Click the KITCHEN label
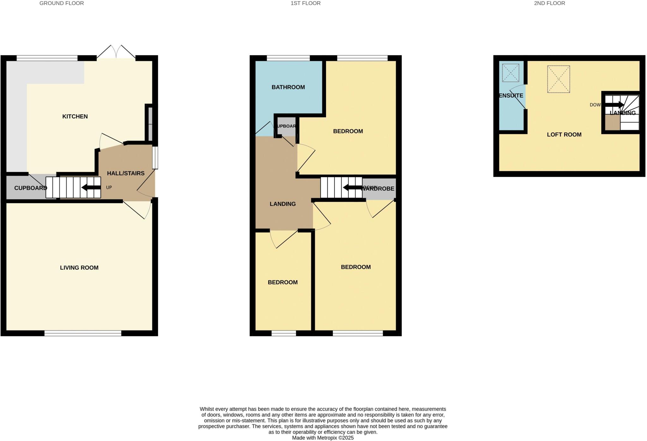click(75, 116)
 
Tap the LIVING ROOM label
click(79, 268)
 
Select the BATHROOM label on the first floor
click(288, 87)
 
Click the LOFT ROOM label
click(564, 135)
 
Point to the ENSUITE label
click(511, 95)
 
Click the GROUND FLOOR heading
click(62, 3)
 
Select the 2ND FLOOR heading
click(549, 3)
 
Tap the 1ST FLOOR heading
click(305, 3)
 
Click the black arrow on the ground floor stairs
click(91, 187)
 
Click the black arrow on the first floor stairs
click(352, 188)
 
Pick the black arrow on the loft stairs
click(614, 105)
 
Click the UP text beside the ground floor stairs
click(109, 187)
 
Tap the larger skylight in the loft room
click(558, 79)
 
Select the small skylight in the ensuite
click(511, 73)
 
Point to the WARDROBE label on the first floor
click(378, 189)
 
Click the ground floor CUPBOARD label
click(30, 188)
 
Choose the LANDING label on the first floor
click(282, 204)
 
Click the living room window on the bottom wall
click(83, 333)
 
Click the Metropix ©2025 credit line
click(323, 438)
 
